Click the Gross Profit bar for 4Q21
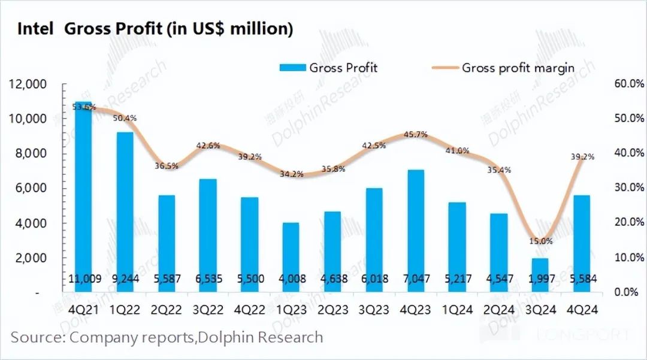pos(83,198)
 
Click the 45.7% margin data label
pos(416,135)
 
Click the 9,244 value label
pos(125,279)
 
